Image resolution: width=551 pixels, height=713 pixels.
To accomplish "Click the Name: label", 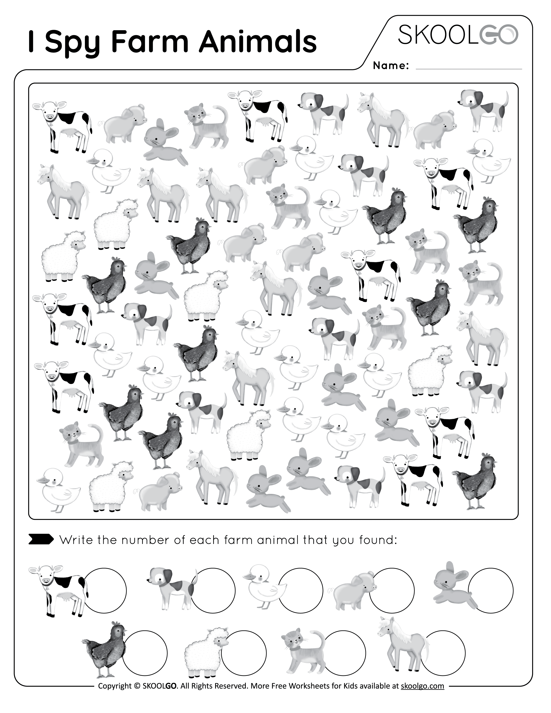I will (391, 66).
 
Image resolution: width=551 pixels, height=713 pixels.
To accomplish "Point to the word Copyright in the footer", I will (114, 695).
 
